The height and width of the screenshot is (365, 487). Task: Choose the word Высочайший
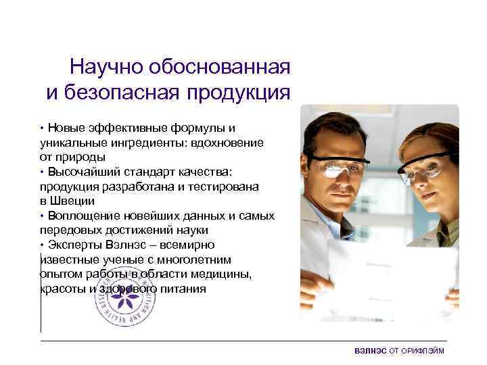[78, 172]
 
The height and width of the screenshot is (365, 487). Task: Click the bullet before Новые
[42, 128]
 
